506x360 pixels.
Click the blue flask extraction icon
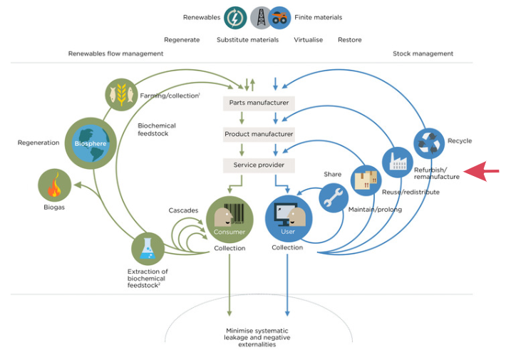[x=148, y=249]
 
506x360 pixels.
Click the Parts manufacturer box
[x=259, y=103]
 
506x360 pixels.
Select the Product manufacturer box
[x=259, y=134]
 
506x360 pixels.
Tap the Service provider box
[x=259, y=165]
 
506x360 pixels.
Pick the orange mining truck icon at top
[x=280, y=18]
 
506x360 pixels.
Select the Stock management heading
[x=423, y=53]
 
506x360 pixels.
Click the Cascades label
[x=183, y=210]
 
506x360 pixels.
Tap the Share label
[x=332, y=174]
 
